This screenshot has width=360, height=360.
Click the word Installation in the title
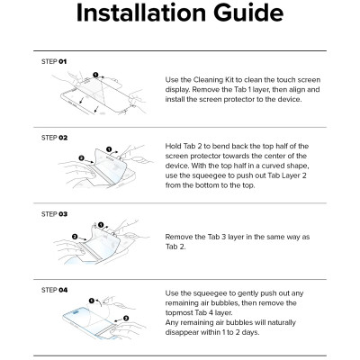[141, 13]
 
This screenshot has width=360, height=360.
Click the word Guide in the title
[248, 13]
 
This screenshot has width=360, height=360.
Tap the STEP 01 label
[54, 61]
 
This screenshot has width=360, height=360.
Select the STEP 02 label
[54, 138]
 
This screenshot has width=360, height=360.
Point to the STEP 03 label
[54, 214]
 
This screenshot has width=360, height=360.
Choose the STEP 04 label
[54, 290]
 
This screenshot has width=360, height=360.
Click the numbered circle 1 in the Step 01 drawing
[95, 75]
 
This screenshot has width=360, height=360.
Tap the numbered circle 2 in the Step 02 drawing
[82, 158]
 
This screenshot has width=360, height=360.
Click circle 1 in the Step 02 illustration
[109, 149]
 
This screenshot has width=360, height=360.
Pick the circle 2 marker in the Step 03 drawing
[75, 237]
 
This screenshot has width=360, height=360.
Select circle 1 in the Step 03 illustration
[101, 225]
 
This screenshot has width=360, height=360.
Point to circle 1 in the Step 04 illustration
[92, 301]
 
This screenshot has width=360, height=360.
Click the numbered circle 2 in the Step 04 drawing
[126, 318]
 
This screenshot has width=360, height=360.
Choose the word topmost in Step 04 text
[179, 313]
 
